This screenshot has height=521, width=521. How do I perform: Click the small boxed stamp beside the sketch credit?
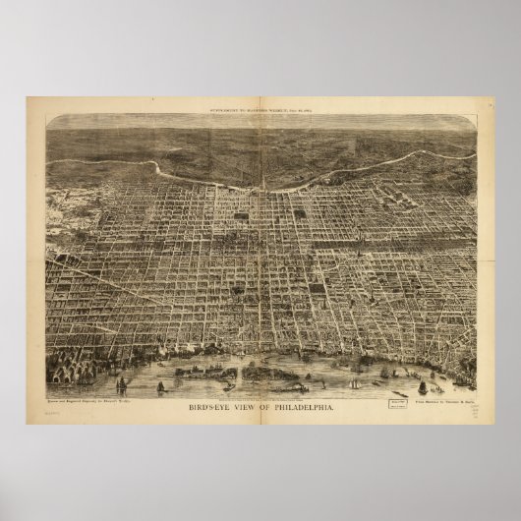[371, 401]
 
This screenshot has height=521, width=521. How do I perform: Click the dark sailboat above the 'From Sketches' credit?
[423, 387]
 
